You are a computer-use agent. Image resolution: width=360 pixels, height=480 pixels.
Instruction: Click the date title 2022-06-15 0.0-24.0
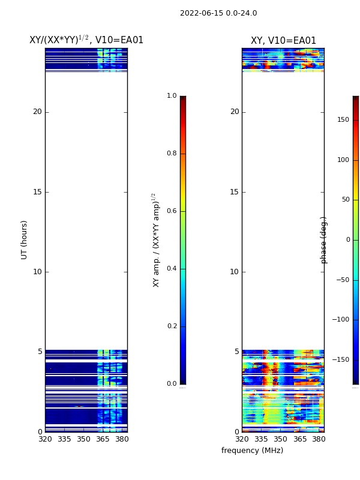point(218,13)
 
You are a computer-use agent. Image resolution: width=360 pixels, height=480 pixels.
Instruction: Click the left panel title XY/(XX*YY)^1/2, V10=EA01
point(86,40)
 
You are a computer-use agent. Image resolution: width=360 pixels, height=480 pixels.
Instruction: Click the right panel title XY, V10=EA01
point(283,41)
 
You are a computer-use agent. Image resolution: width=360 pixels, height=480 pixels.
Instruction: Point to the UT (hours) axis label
point(25,239)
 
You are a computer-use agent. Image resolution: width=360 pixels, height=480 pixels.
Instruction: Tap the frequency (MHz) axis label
point(252,451)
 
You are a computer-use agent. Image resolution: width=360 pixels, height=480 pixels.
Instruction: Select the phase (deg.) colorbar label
point(324,239)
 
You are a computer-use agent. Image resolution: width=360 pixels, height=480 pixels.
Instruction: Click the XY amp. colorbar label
point(156,239)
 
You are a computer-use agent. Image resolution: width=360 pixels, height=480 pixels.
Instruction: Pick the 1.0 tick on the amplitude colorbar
point(172,96)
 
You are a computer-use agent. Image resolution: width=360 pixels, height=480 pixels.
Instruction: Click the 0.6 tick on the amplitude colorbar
point(172,211)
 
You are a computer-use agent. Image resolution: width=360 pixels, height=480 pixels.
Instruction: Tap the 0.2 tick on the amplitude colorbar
point(172,326)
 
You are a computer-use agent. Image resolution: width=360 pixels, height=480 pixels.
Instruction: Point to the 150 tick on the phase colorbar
point(343,120)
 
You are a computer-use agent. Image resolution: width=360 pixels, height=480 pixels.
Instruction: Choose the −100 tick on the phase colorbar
point(340,320)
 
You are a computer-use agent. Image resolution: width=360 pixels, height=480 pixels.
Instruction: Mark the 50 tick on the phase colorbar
point(344,200)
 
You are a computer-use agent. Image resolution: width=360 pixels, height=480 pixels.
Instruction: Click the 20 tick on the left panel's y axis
point(37,112)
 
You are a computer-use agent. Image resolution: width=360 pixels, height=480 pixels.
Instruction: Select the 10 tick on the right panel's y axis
point(234,272)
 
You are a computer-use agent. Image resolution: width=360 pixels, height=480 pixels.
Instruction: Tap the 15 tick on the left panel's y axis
point(37,192)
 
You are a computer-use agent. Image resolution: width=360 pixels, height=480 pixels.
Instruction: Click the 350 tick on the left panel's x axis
point(83,439)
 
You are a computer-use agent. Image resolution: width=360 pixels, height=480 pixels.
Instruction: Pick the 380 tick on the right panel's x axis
point(319,439)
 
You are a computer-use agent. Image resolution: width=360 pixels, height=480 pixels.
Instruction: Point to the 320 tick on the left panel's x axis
point(45,439)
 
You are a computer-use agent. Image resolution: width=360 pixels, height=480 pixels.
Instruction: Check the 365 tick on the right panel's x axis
point(299,439)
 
